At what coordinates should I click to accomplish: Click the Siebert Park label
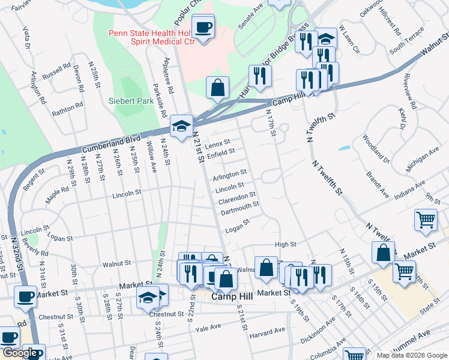131,101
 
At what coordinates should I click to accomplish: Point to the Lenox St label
217,145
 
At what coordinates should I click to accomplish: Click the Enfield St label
220,154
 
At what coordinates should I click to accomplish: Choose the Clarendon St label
237,196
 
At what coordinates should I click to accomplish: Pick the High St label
285,245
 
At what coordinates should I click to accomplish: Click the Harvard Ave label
268,332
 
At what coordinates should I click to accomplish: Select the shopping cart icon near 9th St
426,220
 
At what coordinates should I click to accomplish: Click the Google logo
20,353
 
